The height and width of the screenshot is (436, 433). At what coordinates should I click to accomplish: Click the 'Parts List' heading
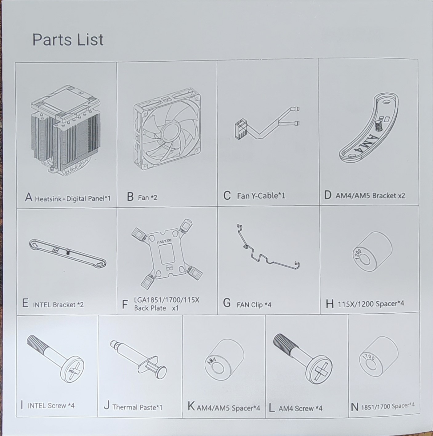pyautogui.click(x=68, y=40)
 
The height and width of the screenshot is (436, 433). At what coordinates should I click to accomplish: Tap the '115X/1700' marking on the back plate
pyautogui.click(x=164, y=241)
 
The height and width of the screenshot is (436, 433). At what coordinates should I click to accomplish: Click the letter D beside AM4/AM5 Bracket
pyautogui.click(x=328, y=195)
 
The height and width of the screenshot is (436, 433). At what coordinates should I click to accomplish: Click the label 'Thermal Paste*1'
pyautogui.click(x=137, y=407)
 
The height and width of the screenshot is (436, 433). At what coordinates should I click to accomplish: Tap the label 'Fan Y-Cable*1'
pyautogui.click(x=261, y=196)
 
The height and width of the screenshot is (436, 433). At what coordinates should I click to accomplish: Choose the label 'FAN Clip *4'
pyautogui.click(x=254, y=305)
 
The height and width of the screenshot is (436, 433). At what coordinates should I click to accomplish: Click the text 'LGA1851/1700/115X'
pyautogui.click(x=167, y=300)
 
